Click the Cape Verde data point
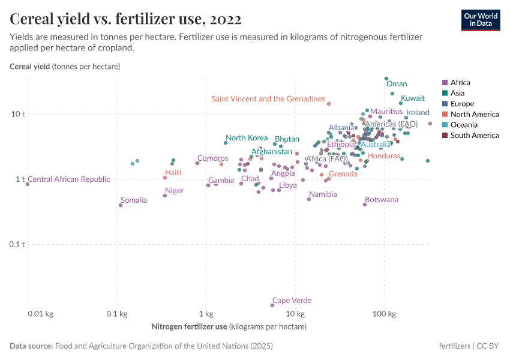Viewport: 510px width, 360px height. (x=272, y=305)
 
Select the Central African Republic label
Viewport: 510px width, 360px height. (x=69, y=179)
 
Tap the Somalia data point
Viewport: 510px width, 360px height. (x=121, y=205)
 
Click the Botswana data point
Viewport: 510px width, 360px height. (x=365, y=205)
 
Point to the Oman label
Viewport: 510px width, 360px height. (x=397, y=84)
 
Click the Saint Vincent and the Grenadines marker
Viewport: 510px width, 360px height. (x=329, y=103)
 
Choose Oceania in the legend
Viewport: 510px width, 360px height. (x=463, y=125)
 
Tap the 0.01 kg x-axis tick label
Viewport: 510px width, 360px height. (x=28, y=314)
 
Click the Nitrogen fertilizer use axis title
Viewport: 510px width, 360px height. (x=229, y=327)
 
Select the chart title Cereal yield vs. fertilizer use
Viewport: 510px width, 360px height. (x=126, y=19)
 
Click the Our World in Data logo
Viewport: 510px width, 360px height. (x=481, y=19)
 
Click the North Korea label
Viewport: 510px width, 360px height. (x=247, y=138)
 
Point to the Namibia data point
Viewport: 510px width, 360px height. (x=309, y=199)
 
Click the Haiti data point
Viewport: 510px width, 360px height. (x=165, y=178)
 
